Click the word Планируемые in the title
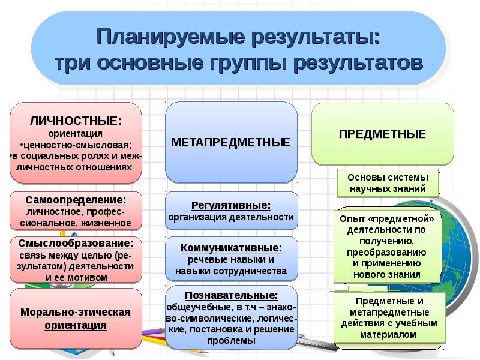click(171, 38)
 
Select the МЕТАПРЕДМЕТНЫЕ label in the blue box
click(230, 142)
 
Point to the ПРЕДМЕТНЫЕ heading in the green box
click(382, 134)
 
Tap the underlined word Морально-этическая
click(76, 312)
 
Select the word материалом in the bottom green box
click(388, 335)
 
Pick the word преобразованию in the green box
click(386, 253)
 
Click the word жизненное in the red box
click(106, 223)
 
